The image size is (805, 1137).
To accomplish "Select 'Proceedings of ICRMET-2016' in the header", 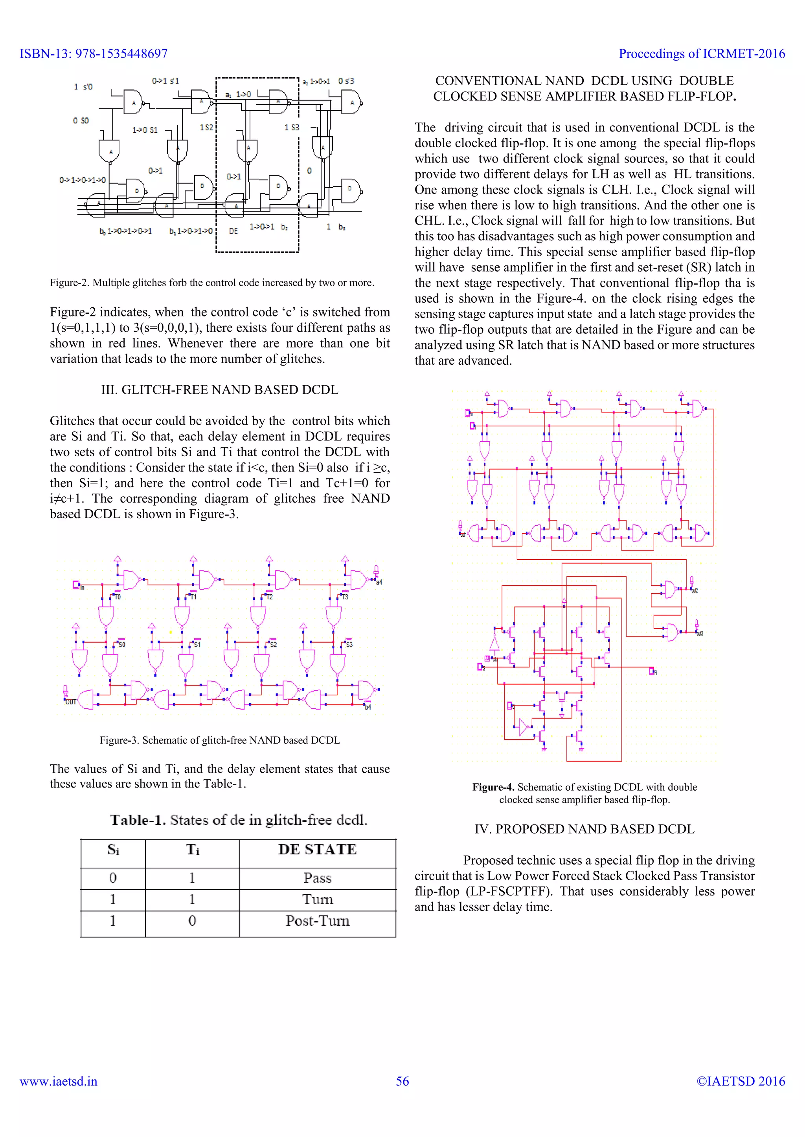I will [x=701, y=53].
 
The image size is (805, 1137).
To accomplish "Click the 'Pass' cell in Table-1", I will [x=317, y=878].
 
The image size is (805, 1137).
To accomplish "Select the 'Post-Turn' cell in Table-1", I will [x=317, y=921].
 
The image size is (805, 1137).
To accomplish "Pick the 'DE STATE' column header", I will [x=317, y=849].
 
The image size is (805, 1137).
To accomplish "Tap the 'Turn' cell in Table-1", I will [x=317, y=899].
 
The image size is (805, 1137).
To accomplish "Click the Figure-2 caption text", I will [x=211, y=283].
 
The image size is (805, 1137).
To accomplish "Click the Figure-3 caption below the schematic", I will [x=220, y=740].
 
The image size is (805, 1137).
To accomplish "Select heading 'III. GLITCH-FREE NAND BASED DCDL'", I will [x=220, y=390].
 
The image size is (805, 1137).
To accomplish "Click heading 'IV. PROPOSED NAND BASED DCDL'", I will [x=584, y=829].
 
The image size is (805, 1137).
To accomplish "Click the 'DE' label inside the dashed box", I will [x=233, y=231].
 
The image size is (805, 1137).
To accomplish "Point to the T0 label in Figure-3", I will [x=118, y=597].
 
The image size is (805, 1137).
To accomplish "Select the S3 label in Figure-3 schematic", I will [x=349, y=645].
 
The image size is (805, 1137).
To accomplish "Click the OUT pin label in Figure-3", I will [x=71, y=702].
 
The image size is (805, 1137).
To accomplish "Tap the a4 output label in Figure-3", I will [x=379, y=582].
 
